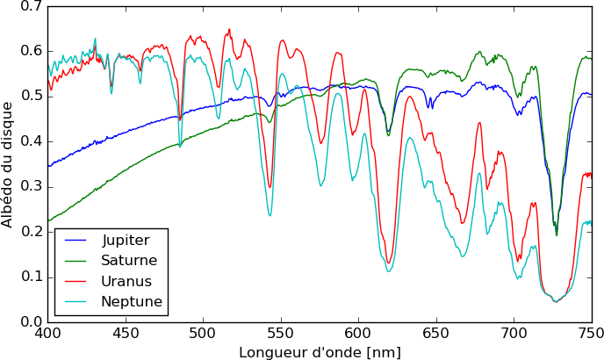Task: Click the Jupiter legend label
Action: coord(126,240)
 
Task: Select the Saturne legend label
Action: coord(129,261)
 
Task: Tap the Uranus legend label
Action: coord(126,282)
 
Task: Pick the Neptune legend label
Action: coord(132,303)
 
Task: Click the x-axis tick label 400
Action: coord(47,335)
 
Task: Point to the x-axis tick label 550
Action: coord(281,335)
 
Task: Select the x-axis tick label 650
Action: coord(436,335)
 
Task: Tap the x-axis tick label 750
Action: coord(591,335)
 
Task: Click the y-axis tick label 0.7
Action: coord(31,6)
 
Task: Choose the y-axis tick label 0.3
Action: coord(31,186)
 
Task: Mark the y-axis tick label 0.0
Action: coord(31,321)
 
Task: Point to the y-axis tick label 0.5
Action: coord(31,96)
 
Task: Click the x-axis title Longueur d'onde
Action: coord(320,351)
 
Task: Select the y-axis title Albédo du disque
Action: coord(8,164)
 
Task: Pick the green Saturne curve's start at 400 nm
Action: coord(48,220)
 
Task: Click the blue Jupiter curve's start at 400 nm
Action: coord(48,165)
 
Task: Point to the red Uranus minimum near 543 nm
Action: coord(270,187)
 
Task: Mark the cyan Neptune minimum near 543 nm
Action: coord(270,215)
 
